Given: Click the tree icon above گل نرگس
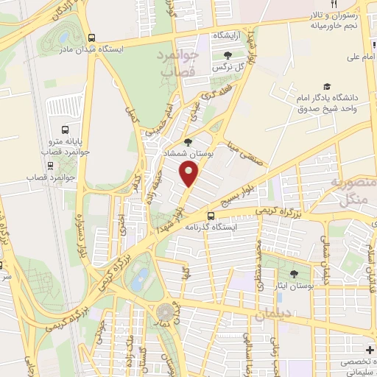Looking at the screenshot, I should pyautogui.click(x=227, y=55).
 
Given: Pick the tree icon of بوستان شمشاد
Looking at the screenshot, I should pyautogui.click(x=188, y=143).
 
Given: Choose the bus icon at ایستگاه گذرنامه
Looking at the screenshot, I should pyautogui.click(x=211, y=216).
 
